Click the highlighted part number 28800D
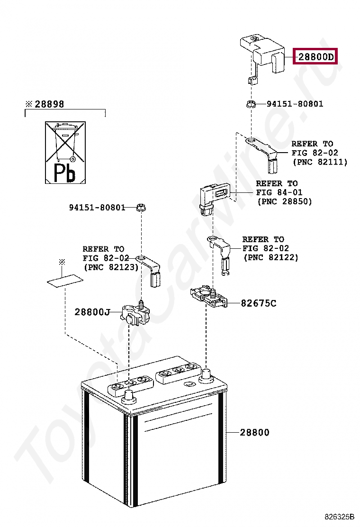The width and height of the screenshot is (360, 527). pyautogui.click(x=315, y=57)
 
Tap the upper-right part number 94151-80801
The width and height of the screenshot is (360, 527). pyautogui.click(x=295, y=104)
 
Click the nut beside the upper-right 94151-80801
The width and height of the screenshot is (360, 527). pyautogui.click(x=251, y=104)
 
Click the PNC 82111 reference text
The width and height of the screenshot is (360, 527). pyautogui.click(x=319, y=162)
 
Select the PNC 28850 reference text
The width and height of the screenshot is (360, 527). pyautogui.click(x=284, y=201)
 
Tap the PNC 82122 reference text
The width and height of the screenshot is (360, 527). pyautogui.click(x=270, y=257)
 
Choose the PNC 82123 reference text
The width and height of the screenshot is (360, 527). pyautogui.click(x=111, y=267)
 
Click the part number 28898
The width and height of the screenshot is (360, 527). pyautogui.click(x=48, y=104)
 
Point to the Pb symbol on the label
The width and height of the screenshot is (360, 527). pyautogui.click(x=64, y=173)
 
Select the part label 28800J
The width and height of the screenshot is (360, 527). pyautogui.click(x=92, y=312)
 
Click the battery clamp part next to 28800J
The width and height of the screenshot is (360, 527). pyautogui.click(x=135, y=313)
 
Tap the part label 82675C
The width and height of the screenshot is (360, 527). pyautogui.click(x=258, y=303)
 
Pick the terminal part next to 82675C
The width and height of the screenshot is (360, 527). pyautogui.click(x=208, y=297)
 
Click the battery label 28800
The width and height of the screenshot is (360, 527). pyautogui.click(x=254, y=432)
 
